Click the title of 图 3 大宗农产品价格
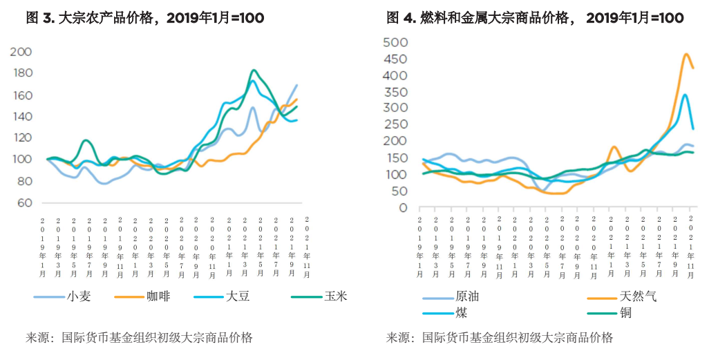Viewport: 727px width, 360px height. [x=144, y=18]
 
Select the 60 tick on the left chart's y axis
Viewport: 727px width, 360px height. [x=24, y=202]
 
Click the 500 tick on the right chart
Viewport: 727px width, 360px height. [x=397, y=43]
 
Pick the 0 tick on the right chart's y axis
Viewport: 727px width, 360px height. [x=404, y=207]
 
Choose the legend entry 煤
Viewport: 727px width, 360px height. [x=461, y=313]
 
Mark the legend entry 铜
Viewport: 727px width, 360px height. [x=626, y=313]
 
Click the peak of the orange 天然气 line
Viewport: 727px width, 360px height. [x=686, y=54]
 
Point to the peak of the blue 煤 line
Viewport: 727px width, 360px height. [x=685, y=95]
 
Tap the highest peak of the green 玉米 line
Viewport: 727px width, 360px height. [x=254, y=70]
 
